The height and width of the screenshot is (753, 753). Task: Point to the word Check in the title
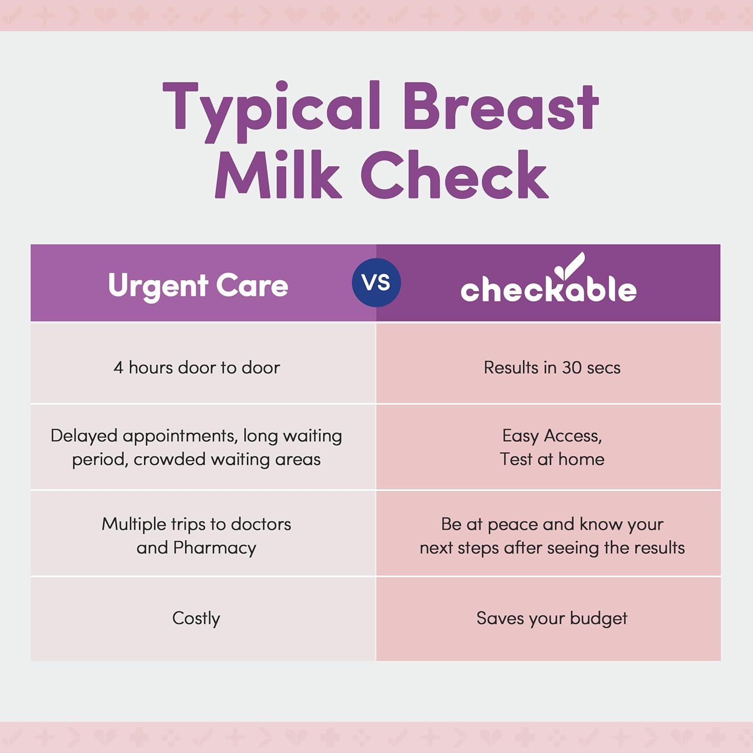click(x=454, y=176)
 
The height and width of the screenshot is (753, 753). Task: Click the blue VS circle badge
click(x=376, y=283)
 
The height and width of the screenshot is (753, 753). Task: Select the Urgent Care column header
click(x=198, y=285)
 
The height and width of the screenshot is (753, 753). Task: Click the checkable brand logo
click(x=548, y=289)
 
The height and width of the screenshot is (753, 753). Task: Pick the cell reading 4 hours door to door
click(x=196, y=367)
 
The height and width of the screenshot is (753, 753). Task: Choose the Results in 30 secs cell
click(x=552, y=367)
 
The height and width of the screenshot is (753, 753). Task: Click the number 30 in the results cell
click(x=571, y=367)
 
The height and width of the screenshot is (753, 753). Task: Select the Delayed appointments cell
click(x=196, y=447)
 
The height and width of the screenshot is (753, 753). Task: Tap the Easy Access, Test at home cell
click(x=552, y=447)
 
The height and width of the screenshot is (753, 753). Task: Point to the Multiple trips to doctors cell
click(x=196, y=535)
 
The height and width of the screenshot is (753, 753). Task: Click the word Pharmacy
click(x=214, y=548)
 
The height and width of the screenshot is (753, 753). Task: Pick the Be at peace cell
click(x=552, y=535)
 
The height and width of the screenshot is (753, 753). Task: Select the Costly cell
click(x=196, y=618)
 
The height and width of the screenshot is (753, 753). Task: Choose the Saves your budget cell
click(x=552, y=618)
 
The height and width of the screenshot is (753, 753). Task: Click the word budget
click(x=598, y=618)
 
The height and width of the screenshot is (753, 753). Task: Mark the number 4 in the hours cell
click(x=118, y=367)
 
